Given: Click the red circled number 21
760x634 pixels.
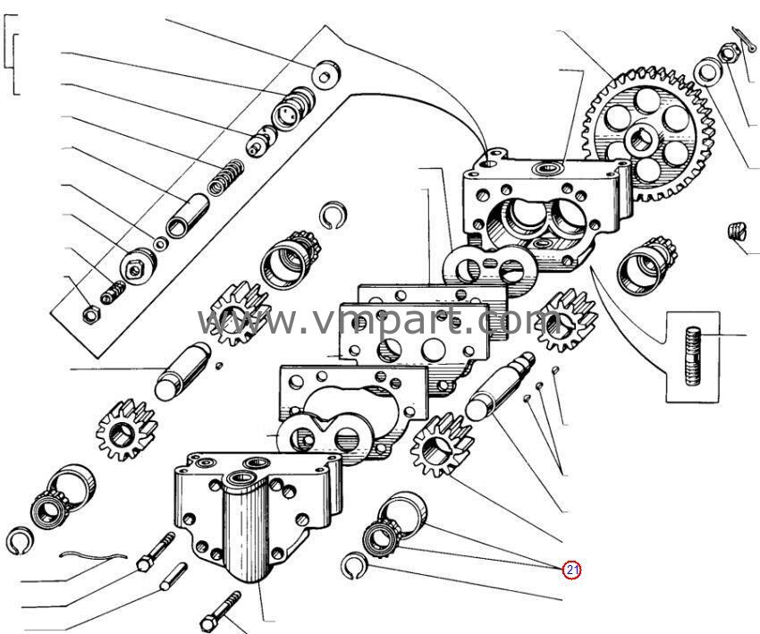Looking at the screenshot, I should pyautogui.click(x=571, y=569).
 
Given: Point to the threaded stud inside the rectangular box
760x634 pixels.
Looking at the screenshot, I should pyautogui.click(x=693, y=355).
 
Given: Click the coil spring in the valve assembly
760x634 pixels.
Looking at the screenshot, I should pyautogui.click(x=224, y=177).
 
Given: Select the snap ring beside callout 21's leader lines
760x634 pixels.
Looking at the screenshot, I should pyautogui.click(x=354, y=565).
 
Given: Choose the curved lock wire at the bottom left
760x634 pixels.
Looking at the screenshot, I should pyautogui.click(x=90, y=556).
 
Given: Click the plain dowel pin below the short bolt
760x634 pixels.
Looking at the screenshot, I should pyautogui.click(x=172, y=576).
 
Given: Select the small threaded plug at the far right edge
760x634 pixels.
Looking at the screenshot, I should pyautogui.click(x=738, y=231).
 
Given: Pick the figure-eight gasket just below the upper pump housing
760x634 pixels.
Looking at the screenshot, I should pyautogui.click(x=490, y=267).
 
